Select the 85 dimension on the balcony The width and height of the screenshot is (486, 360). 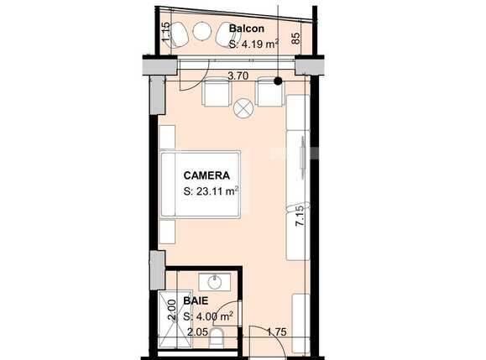295,38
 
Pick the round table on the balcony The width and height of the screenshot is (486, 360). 202,32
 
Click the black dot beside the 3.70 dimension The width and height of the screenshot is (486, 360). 279,81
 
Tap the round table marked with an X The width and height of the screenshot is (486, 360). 243,107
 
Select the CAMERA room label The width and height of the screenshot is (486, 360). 206,175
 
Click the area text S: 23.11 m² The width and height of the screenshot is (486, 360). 212,191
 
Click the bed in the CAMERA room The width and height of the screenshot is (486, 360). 201,185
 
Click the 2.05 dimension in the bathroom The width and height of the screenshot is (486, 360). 197,333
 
